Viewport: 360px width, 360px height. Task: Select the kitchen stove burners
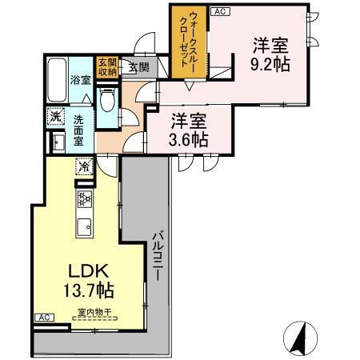84,200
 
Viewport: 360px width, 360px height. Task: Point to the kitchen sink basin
84,226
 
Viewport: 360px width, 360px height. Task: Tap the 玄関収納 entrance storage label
106,66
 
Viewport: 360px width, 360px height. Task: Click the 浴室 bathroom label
80,80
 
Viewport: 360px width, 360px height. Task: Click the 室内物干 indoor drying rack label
93,313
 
